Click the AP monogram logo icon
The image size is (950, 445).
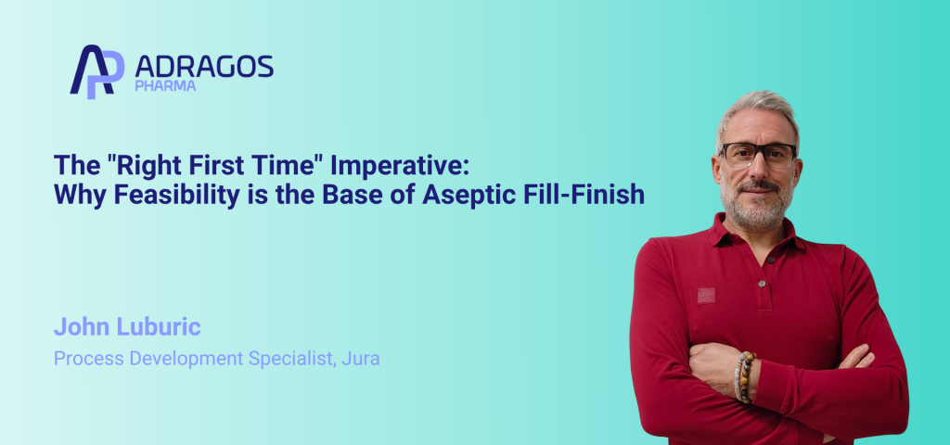96,71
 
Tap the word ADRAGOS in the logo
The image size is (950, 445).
204,66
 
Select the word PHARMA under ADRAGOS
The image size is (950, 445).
165,87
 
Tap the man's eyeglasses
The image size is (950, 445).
758,154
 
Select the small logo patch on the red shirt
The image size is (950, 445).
706,294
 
